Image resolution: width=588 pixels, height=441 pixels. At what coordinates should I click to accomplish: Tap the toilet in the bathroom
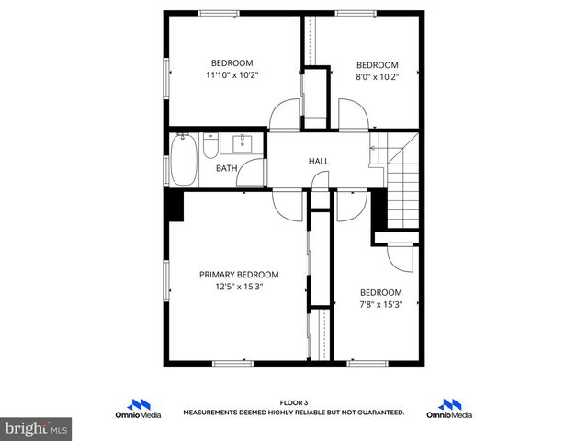click(x=210, y=148)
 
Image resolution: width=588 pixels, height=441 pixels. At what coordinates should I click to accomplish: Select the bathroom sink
click(x=243, y=143)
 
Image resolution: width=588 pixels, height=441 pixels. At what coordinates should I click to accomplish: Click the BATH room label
click(x=226, y=168)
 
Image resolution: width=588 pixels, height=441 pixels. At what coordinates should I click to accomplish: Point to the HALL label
click(x=319, y=162)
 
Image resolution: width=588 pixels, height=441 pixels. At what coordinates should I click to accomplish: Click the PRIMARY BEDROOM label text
click(x=239, y=275)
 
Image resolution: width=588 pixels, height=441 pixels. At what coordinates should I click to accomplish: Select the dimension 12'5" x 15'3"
click(x=239, y=287)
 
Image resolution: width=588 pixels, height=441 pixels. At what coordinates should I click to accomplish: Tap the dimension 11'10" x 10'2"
click(x=232, y=75)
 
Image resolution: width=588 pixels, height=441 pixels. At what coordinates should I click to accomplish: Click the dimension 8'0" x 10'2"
click(x=377, y=77)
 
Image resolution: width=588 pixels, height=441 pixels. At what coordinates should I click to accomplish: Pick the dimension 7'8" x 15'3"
click(x=379, y=305)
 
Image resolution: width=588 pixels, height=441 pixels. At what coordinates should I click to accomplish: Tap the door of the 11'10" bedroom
click(x=284, y=116)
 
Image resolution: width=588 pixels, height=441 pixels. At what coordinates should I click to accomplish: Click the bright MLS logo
click(x=37, y=428)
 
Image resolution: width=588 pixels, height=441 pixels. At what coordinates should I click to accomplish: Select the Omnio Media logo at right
click(x=449, y=409)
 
